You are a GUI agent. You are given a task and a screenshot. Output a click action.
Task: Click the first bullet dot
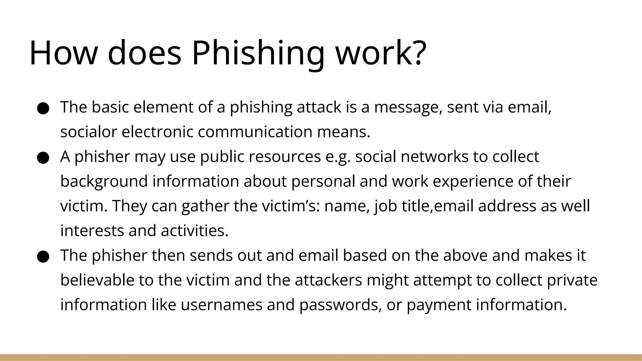(43, 108)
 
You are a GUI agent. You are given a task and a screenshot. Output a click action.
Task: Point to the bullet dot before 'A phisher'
(43, 158)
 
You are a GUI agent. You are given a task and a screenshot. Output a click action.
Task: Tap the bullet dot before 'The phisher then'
(43, 257)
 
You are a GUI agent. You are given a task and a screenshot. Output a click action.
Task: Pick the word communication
(255, 132)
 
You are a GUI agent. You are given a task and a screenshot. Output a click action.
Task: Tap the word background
(104, 181)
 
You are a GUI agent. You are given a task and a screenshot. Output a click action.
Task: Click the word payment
(439, 305)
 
